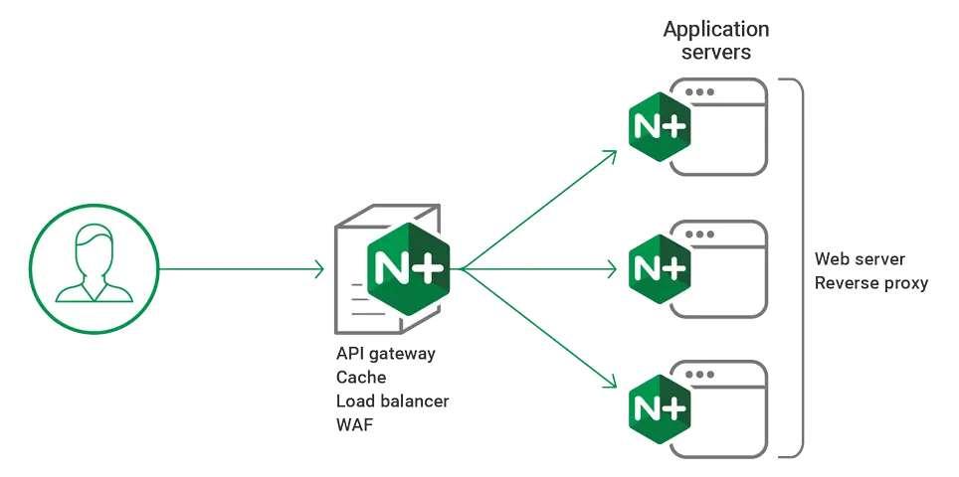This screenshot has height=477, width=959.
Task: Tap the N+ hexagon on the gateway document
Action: (409, 266)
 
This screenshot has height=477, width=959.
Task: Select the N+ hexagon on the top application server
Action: (659, 128)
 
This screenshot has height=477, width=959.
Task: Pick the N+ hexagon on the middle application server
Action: (659, 268)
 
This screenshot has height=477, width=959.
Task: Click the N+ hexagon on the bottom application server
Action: (659, 406)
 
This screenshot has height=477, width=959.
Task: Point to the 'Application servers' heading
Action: (716, 41)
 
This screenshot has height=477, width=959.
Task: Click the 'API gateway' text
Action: (387, 355)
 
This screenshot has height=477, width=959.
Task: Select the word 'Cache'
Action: (362, 378)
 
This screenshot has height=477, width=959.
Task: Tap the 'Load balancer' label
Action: (394, 401)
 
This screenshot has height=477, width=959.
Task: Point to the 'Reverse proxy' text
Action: (871, 283)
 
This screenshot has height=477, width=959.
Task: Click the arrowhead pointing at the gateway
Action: (320, 267)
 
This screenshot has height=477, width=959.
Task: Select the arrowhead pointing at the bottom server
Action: (612, 383)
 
